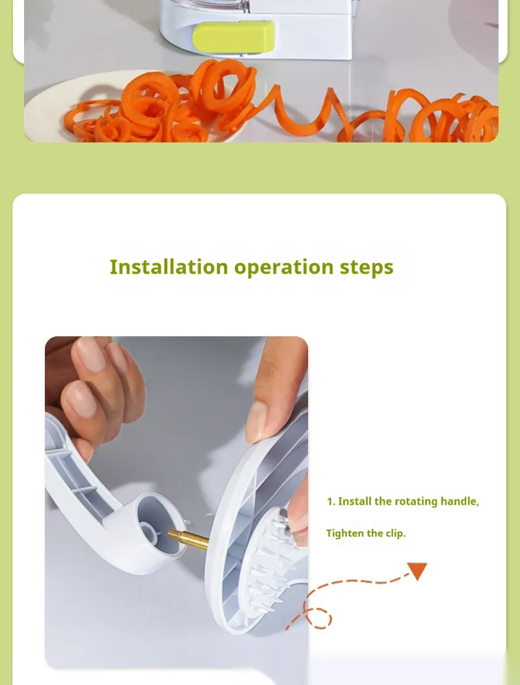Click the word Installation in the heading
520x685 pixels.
168,267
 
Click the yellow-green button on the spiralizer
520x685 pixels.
233,36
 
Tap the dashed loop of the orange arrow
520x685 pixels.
318,618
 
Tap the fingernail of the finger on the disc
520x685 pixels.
255,422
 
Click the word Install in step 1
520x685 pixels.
354,501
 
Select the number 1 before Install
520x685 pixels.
330,502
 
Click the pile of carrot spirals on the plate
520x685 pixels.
162,105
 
